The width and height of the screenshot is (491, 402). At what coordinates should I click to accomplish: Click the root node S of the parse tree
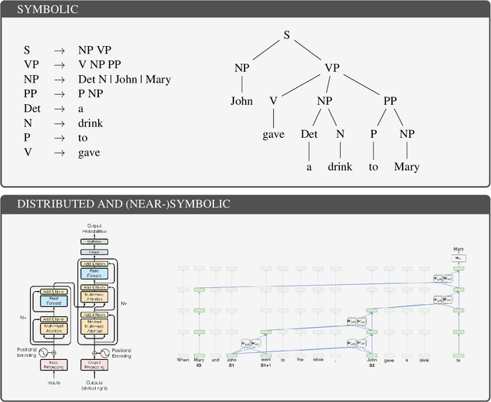click(287, 35)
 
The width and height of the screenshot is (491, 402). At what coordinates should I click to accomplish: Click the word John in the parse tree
click(242, 101)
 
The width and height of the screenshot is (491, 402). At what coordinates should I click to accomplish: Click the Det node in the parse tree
click(308, 134)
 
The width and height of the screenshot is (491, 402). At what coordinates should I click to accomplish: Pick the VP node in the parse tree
click(331, 68)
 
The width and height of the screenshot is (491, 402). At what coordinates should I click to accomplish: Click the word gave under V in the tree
click(273, 134)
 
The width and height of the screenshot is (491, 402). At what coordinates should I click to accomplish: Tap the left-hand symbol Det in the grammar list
click(31, 109)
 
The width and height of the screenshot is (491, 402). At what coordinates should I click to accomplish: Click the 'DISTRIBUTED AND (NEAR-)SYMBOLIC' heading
click(124, 204)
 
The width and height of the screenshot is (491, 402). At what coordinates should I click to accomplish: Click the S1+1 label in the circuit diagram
click(265, 366)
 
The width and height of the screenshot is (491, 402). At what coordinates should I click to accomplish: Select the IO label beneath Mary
click(199, 366)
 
